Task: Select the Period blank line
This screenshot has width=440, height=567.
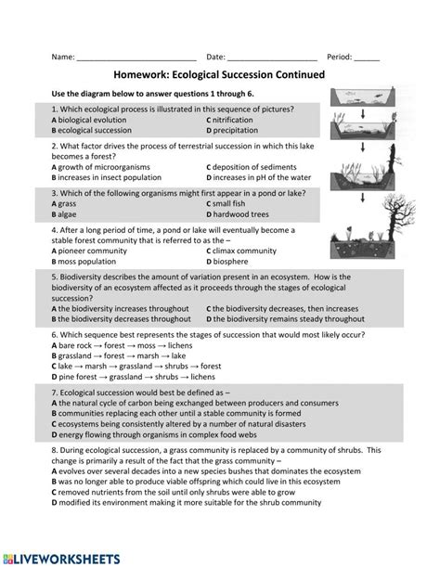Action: pos(367,58)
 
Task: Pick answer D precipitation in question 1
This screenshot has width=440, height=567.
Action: pos(240,131)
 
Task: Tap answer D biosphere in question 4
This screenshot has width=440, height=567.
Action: pos(238,263)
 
